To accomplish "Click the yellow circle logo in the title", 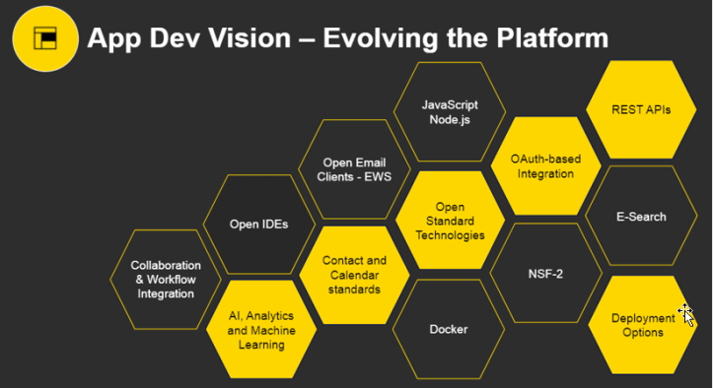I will [x=45, y=38].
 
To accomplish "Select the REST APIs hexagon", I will [x=642, y=109].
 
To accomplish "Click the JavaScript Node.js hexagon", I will [x=450, y=111].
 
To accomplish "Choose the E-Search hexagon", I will [x=640, y=216].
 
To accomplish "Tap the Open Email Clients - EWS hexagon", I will [x=354, y=169].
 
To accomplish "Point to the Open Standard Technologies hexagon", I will [x=450, y=221].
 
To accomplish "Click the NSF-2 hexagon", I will [x=545, y=273].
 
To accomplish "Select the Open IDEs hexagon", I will [x=258, y=225].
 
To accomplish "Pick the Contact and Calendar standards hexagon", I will [x=354, y=275].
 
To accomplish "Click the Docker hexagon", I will [x=450, y=329].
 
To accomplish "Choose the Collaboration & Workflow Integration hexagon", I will [x=166, y=280].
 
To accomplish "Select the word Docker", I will [x=450, y=329].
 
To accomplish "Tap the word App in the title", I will [x=113, y=38].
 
